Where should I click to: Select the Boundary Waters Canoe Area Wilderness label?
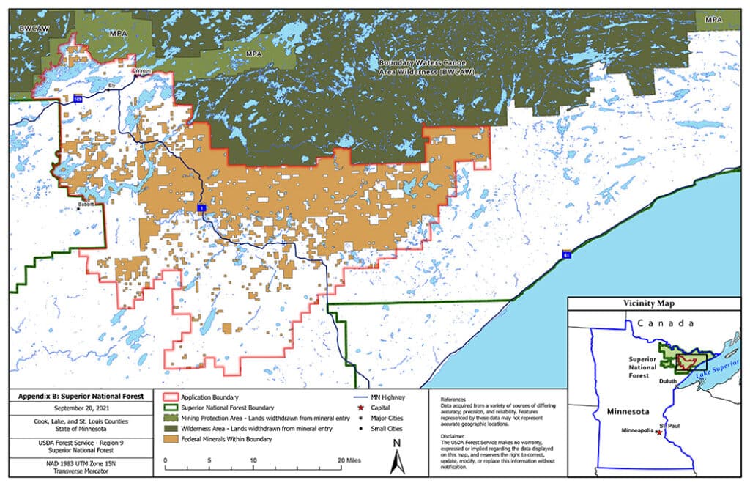(x=415, y=70)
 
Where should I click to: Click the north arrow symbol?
(x=396, y=457)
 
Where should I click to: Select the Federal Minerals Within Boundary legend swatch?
(x=167, y=439)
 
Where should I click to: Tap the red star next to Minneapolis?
(x=659, y=433)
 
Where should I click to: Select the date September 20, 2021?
(x=81, y=407)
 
